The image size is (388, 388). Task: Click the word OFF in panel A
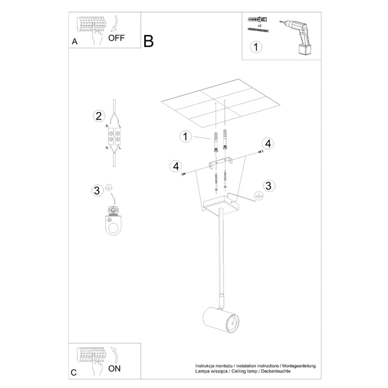(x=117, y=38)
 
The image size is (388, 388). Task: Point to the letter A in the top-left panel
(x=75, y=42)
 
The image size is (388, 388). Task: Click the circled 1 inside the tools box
(x=255, y=47)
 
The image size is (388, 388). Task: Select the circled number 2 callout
(x=98, y=116)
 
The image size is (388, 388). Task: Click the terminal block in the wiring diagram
(x=114, y=135)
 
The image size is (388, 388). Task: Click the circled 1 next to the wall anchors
(x=185, y=136)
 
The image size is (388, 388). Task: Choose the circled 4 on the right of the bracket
(x=268, y=144)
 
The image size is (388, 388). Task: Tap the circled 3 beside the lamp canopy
(x=268, y=185)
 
